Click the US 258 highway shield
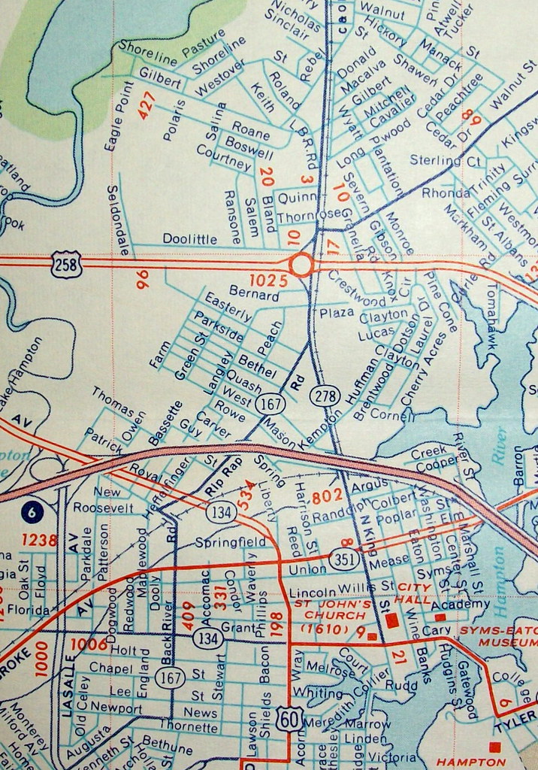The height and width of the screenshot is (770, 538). click(x=66, y=265)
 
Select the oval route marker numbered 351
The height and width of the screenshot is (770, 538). click(x=342, y=559)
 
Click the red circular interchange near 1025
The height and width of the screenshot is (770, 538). click(x=301, y=265)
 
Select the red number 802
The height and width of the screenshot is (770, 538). click(x=327, y=496)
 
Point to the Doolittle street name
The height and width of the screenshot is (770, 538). click(x=189, y=238)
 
